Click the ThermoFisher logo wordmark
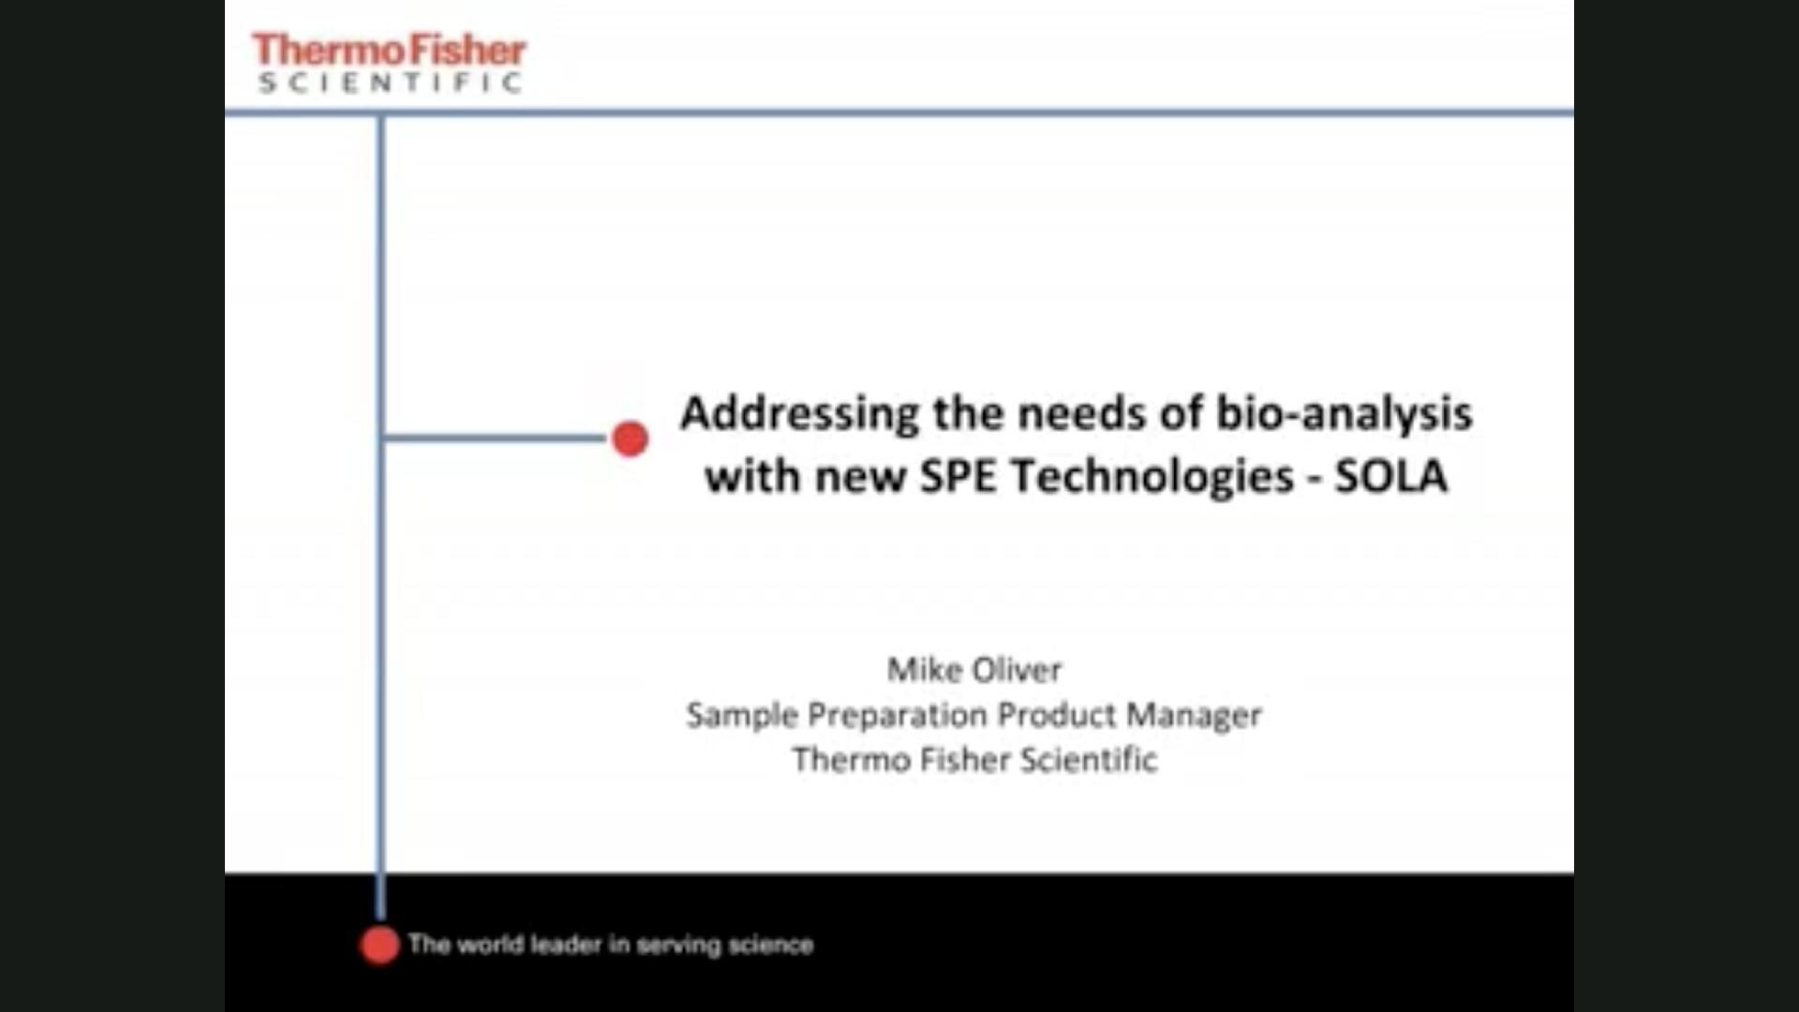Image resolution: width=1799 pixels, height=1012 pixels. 389,50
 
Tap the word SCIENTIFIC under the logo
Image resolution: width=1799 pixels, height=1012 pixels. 390,83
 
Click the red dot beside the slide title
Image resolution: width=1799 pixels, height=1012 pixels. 630,439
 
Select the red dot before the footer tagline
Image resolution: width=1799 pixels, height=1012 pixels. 379,945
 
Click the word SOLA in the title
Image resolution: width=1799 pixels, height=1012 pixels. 1391,476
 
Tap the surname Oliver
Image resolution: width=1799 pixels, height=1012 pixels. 1018,670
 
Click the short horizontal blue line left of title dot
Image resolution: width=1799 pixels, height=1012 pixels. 495,438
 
